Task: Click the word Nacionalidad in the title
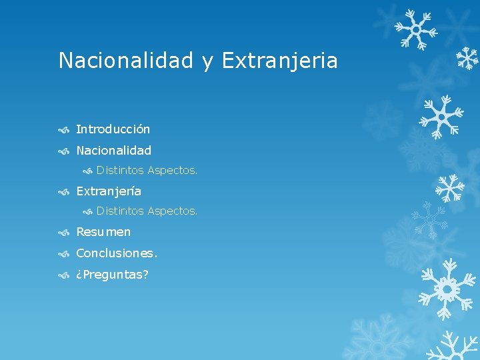point(127,61)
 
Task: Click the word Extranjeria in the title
point(279,61)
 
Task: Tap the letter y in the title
point(207,62)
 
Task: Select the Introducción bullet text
point(113,129)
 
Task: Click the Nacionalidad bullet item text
point(113,151)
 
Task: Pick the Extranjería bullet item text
point(109,191)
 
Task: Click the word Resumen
point(103,232)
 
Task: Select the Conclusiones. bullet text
point(117,253)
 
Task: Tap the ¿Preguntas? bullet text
point(112,275)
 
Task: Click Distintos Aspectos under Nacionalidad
point(147,171)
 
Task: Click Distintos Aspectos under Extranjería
point(147,211)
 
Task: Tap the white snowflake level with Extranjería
point(451,188)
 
